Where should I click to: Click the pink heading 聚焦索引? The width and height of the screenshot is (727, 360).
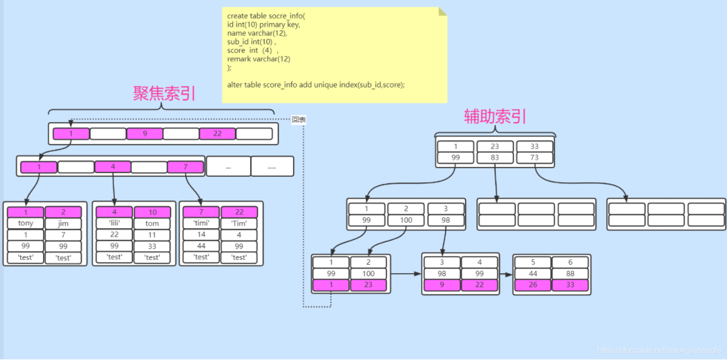point(164,93)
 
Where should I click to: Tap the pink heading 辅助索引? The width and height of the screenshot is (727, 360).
point(495,116)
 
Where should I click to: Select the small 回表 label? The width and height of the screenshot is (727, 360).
point(299,120)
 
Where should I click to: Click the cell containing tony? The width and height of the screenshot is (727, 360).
point(25,223)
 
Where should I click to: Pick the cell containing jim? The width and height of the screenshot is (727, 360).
point(63,223)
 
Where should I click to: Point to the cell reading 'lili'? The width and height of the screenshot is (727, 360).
point(115,223)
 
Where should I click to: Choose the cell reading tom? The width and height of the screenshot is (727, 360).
point(152,223)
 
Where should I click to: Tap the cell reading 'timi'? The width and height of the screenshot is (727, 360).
point(201,223)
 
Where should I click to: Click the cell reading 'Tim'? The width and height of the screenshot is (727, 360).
point(239,223)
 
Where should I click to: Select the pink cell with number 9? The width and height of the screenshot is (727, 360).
point(144,134)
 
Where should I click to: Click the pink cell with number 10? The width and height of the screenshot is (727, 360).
point(152,212)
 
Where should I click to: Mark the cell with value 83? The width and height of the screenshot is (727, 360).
point(495,158)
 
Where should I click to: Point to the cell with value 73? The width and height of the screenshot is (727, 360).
point(535,158)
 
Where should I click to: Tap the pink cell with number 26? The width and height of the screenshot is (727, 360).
point(533,285)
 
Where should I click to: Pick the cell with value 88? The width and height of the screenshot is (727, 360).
point(570,274)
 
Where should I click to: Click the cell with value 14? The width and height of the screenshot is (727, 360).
point(201,235)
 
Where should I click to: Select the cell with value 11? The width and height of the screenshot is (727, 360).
point(152,235)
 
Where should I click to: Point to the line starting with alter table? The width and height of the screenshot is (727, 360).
point(316,84)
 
